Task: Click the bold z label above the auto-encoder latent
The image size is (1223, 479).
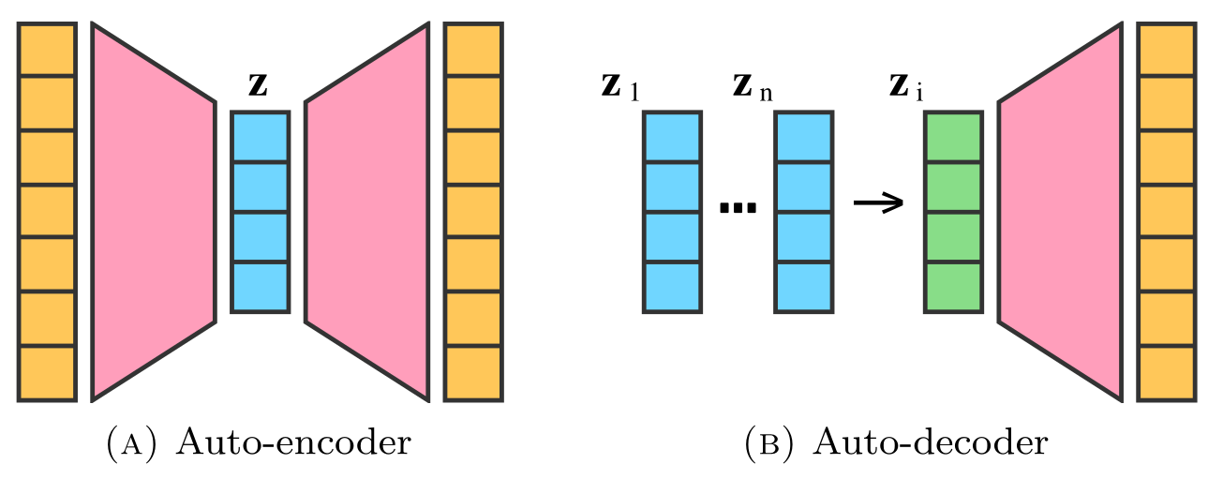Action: pos(260,86)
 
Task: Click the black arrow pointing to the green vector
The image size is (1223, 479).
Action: pos(878,202)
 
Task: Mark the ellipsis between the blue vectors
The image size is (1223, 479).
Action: pos(737,208)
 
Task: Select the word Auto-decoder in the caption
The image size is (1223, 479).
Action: pos(930,441)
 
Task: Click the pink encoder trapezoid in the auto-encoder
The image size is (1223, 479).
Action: pos(153,212)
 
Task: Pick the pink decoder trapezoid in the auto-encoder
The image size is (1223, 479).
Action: pos(367,212)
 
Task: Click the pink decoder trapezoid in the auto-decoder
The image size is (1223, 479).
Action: pos(1060,212)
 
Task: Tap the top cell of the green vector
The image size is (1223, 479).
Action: pos(953,138)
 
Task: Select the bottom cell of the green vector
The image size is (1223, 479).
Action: pos(953,287)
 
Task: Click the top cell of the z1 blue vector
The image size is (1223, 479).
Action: pos(672,138)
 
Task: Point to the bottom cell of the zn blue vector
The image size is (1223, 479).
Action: pos(803,287)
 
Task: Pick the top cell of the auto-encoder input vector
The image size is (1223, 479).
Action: pos(47,50)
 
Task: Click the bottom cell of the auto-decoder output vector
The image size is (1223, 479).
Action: pos(1166,373)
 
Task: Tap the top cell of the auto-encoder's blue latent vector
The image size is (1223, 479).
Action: pos(260,138)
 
